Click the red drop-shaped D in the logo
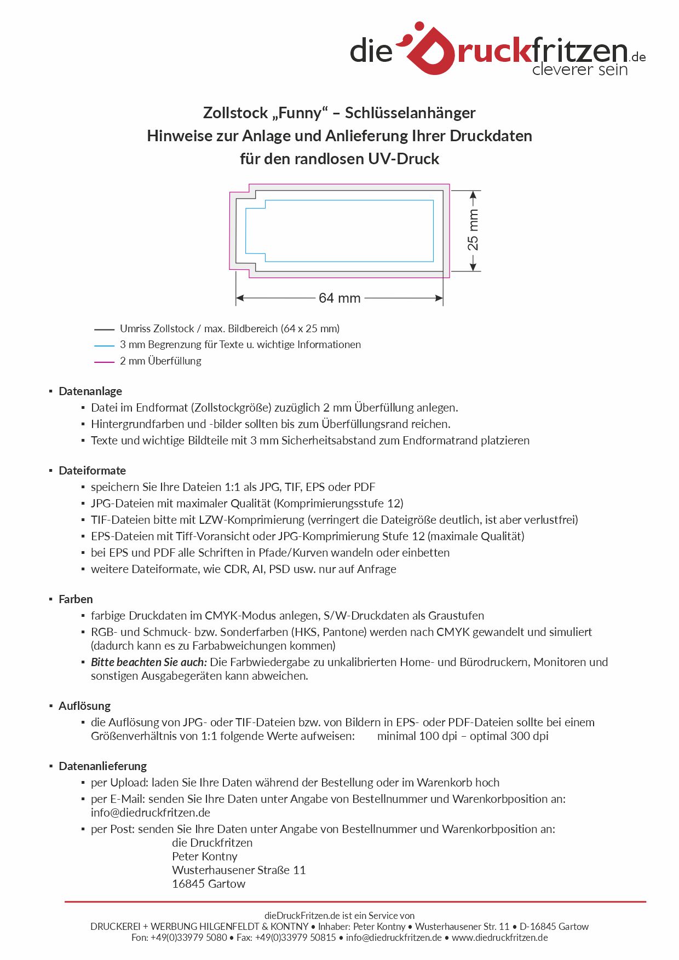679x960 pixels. pyautogui.click(x=431, y=50)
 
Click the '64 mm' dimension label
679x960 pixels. pyautogui.click(x=339, y=298)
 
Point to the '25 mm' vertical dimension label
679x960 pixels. pyautogui.click(x=473, y=230)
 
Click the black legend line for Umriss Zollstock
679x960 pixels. pyautogui.click(x=104, y=329)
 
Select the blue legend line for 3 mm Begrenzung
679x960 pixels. pyautogui.click(x=104, y=346)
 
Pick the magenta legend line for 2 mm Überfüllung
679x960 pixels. pyautogui.click(x=104, y=362)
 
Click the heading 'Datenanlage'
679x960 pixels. pyautogui.click(x=90, y=391)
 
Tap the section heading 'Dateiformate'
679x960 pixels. pyautogui.click(x=92, y=471)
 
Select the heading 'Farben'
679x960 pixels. pyautogui.click(x=76, y=599)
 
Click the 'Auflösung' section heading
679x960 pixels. pyautogui.click(x=84, y=706)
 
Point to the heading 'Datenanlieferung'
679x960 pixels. pyautogui.click(x=102, y=766)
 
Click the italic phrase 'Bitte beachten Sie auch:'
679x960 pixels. pyautogui.click(x=149, y=662)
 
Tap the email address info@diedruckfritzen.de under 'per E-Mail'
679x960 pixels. pyautogui.click(x=151, y=813)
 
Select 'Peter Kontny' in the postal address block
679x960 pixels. pyautogui.click(x=205, y=857)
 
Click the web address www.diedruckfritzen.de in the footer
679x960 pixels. pyautogui.click(x=499, y=938)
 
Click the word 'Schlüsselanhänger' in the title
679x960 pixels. pyautogui.click(x=410, y=113)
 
